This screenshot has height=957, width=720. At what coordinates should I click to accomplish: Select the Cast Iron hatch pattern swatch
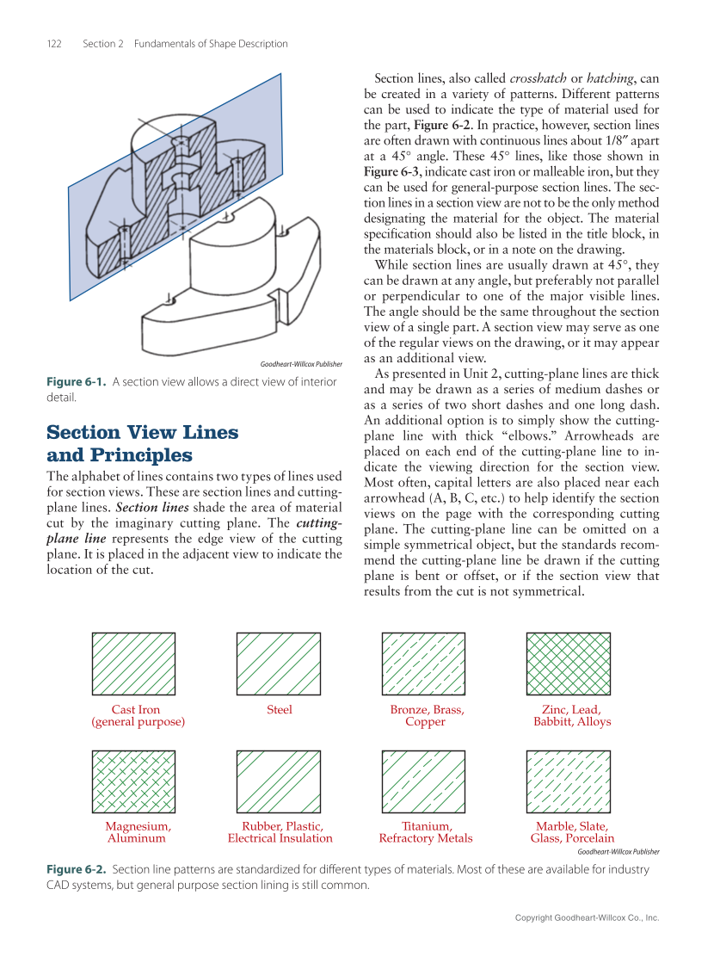pyautogui.click(x=133, y=664)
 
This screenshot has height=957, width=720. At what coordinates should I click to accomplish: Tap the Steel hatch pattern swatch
pyautogui.click(x=279, y=664)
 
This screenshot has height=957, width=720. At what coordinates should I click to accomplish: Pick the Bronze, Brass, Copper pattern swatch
pyautogui.click(x=425, y=664)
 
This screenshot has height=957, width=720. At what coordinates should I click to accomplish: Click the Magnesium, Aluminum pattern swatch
pyautogui.click(x=133, y=781)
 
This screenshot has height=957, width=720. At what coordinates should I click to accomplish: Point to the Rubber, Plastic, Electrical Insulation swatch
pyautogui.click(x=279, y=781)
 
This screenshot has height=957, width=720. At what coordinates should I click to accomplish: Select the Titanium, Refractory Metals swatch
pyautogui.click(x=425, y=781)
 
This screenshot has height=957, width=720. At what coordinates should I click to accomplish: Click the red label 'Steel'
pyautogui.click(x=279, y=710)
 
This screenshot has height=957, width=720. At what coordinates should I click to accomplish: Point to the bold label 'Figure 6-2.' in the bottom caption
pyautogui.click(x=77, y=870)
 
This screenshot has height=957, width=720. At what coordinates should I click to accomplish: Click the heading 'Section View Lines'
pyautogui.click(x=142, y=432)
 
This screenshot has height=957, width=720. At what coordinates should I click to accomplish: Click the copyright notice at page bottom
pyautogui.click(x=587, y=918)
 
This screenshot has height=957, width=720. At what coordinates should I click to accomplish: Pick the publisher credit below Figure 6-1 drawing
pyautogui.click(x=300, y=365)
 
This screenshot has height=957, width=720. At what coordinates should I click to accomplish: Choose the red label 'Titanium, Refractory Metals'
pyautogui.click(x=425, y=832)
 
